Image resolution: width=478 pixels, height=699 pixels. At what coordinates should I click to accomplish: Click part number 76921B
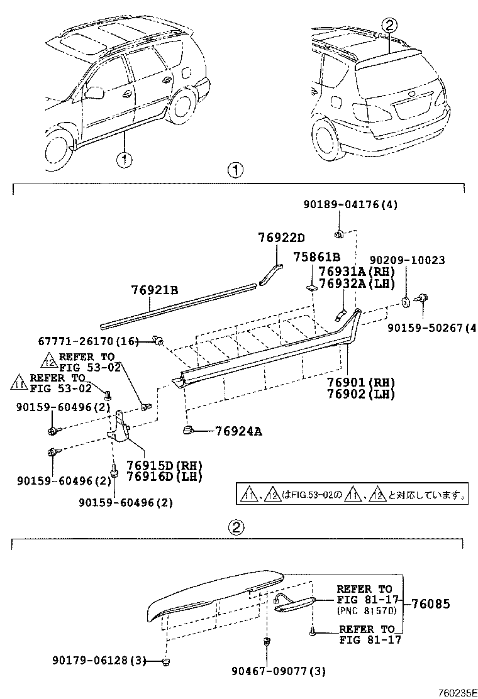(155, 290)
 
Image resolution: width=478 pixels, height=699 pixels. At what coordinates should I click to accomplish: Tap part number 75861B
(317, 257)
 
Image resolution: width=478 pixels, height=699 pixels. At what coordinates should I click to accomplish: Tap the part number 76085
(431, 604)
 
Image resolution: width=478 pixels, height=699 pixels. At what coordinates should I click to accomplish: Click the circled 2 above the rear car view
(389, 25)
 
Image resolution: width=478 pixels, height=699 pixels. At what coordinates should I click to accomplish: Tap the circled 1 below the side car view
(125, 160)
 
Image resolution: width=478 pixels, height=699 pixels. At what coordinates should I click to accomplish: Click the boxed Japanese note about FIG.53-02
(352, 495)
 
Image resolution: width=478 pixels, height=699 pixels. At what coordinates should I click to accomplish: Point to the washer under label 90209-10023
(406, 302)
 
